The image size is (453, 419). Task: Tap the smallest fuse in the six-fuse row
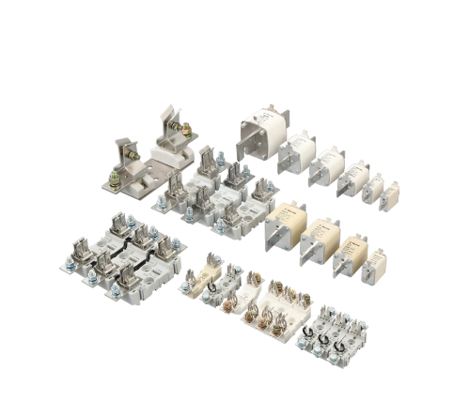390,195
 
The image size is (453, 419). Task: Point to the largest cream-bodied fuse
285,225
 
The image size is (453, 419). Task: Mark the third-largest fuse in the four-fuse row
348,254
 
